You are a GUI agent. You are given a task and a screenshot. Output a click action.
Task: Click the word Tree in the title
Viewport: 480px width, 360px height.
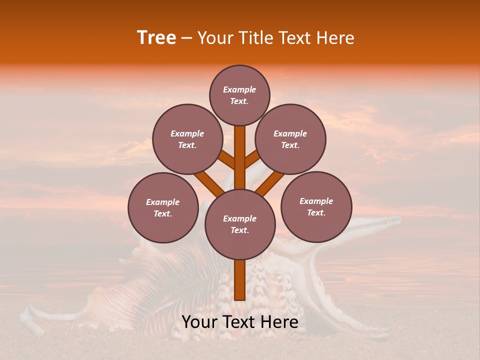[156, 37]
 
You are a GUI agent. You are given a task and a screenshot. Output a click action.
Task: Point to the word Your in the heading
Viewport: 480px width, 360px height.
[214, 37]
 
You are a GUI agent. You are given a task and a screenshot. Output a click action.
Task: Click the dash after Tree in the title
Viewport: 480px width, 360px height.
[186, 38]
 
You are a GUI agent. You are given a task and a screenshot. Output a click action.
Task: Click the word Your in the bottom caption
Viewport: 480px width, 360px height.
[199, 322]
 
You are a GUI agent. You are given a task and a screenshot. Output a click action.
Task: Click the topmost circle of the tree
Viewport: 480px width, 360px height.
[239, 95]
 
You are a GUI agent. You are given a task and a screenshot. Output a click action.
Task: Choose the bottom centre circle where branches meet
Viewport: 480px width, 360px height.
[240, 224]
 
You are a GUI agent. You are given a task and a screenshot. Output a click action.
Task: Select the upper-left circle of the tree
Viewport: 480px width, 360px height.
[187, 139]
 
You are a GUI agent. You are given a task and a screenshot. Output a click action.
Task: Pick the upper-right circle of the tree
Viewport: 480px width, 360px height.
[290, 139]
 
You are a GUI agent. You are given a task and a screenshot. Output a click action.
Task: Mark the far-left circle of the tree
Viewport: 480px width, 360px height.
[163, 207]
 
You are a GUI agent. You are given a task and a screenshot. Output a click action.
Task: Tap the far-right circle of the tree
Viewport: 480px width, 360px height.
[316, 206]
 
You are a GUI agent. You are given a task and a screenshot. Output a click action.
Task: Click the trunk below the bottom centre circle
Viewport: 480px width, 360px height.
[240, 280]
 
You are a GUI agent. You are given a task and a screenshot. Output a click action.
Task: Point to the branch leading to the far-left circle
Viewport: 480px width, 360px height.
[209, 183]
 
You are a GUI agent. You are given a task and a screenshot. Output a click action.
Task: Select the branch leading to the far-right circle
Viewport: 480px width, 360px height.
[270, 183]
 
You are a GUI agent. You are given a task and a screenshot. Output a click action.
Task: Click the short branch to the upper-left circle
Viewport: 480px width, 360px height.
[227, 159]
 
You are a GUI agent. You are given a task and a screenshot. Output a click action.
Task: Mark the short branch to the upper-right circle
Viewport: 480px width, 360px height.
[252, 159]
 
